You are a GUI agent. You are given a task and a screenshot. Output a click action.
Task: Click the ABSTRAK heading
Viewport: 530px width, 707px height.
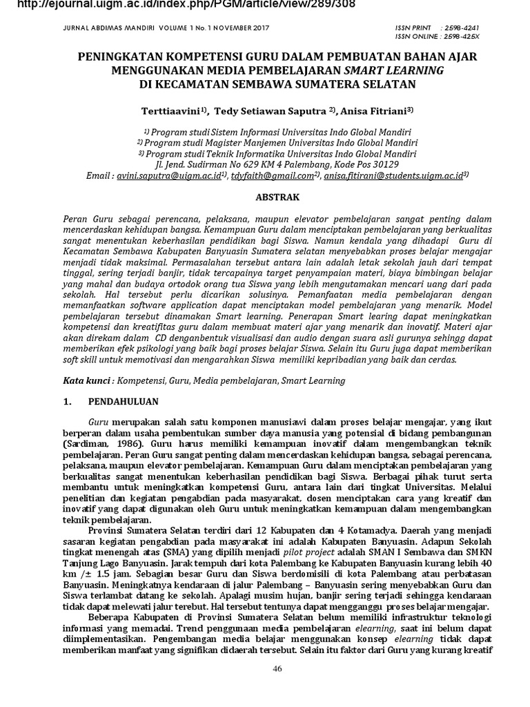tap(277, 197)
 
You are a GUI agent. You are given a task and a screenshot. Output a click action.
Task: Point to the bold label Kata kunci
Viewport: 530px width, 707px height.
tap(88, 380)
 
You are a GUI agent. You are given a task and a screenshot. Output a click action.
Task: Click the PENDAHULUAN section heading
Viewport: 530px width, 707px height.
tap(124, 401)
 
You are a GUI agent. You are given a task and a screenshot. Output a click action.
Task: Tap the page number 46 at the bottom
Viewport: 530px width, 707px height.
tap(277, 668)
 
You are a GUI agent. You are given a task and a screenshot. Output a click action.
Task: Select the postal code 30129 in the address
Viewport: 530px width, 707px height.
tap(384, 164)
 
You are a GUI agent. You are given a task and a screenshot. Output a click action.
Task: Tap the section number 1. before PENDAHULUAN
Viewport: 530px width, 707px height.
tap(68, 401)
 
